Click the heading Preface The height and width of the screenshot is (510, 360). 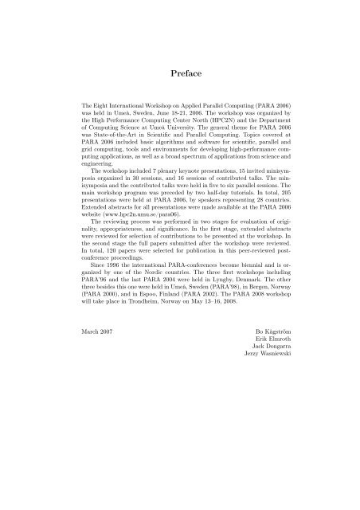(x=179, y=74)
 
